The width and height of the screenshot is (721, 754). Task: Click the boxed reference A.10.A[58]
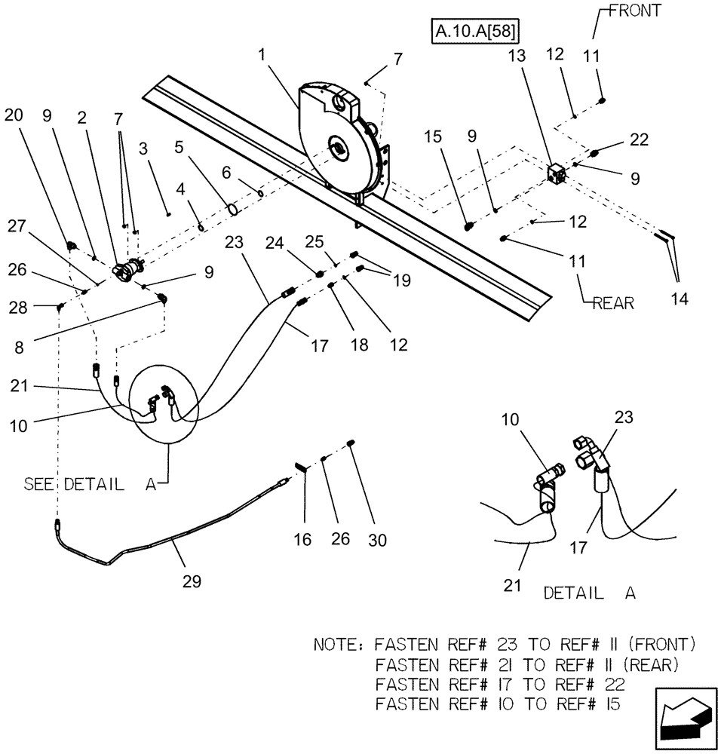(478, 31)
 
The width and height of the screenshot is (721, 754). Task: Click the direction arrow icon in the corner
(684, 716)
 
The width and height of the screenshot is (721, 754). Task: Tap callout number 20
(14, 115)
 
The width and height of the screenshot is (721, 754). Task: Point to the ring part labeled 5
(232, 206)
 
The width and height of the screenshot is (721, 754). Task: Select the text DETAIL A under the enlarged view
(589, 593)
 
